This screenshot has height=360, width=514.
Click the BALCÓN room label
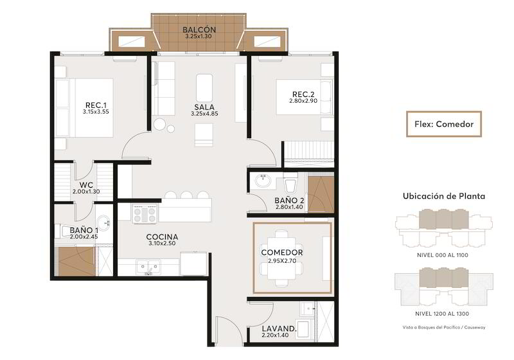(199, 30)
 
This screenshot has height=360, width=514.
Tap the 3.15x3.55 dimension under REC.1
(96, 112)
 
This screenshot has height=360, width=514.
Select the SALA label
(204, 107)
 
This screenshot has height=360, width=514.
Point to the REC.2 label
(303, 94)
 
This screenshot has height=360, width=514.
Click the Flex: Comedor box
(444, 124)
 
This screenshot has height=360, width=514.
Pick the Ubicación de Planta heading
(444, 196)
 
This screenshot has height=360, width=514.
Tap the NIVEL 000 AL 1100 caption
(443, 255)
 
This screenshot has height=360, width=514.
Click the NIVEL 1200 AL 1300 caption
(442, 314)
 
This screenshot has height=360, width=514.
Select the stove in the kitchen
(145, 214)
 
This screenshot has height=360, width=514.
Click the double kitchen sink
(149, 267)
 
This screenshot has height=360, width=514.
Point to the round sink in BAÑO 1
(104, 223)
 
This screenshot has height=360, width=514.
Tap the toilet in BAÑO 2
(291, 183)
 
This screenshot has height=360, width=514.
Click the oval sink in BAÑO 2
(263, 181)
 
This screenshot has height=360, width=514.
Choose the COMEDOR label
(282, 253)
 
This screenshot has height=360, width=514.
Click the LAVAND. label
(279, 328)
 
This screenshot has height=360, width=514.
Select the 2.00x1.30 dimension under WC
(86, 192)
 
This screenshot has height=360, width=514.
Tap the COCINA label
(163, 237)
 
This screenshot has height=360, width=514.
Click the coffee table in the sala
(204, 88)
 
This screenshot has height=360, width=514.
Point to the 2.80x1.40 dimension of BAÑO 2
(289, 207)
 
